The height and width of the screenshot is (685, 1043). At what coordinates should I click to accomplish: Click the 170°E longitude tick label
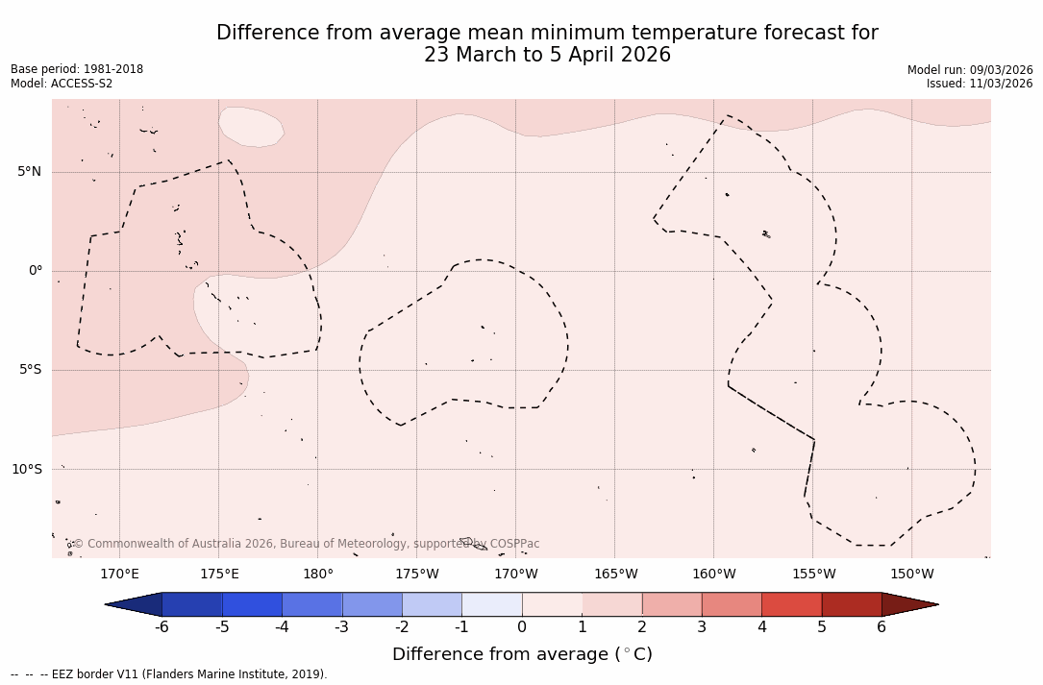point(119,575)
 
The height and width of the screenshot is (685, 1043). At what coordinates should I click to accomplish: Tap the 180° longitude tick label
point(318,575)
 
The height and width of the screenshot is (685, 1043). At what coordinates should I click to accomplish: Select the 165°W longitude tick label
point(615,575)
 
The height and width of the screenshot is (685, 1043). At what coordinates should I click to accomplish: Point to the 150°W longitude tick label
point(912,575)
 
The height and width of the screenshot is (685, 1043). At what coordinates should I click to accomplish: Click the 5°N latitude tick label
point(29,172)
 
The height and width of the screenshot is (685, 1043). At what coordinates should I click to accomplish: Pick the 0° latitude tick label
point(36,271)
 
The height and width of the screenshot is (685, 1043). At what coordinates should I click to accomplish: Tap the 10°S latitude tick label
point(26,470)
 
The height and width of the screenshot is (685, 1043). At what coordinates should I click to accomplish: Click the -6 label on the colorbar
point(161,627)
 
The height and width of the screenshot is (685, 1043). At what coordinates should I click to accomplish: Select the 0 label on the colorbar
point(522,627)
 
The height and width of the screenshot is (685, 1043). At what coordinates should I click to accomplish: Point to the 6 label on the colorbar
point(882,627)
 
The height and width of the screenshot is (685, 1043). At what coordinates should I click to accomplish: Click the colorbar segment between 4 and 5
point(791,604)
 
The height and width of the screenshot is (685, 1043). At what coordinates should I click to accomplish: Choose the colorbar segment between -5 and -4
point(252,604)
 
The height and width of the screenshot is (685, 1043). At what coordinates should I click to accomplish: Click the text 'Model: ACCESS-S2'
point(62,84)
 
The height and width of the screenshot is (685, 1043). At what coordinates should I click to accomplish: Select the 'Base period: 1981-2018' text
point(77,69)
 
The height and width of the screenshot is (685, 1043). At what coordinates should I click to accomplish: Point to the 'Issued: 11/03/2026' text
point(980,84)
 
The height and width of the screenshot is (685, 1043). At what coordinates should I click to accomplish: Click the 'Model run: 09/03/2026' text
point(970,70)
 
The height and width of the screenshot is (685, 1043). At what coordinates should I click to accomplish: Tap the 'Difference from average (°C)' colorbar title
point(522,654)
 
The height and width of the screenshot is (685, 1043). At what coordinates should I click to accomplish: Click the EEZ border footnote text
point(169,674)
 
